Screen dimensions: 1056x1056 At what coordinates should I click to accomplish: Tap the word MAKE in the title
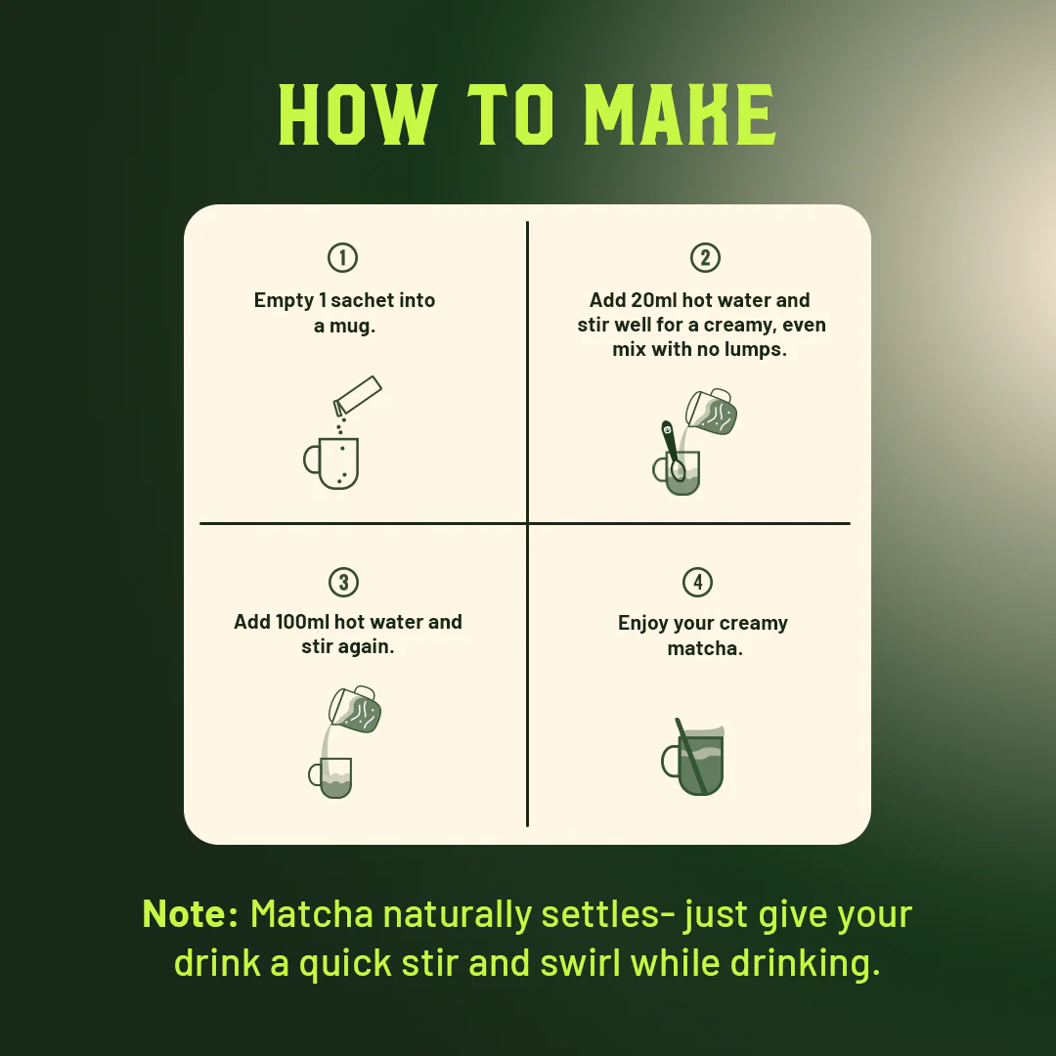681,114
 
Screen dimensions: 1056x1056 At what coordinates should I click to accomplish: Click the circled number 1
343,257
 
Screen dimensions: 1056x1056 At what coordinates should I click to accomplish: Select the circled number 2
705,257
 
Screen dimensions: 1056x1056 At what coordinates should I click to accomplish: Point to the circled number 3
343,582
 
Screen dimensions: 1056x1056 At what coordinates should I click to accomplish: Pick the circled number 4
698,582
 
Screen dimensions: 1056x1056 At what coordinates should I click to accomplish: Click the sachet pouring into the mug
357,395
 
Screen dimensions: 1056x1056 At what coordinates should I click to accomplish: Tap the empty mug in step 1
331,463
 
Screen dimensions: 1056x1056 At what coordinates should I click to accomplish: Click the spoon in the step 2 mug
673,451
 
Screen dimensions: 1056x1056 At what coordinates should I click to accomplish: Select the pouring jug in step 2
711,412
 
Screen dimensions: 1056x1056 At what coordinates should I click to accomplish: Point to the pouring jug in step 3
355,709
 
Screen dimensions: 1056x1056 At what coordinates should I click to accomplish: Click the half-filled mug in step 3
330,778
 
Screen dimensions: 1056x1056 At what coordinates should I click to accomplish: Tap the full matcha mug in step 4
693,758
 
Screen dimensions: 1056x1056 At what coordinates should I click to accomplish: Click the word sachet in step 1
364,300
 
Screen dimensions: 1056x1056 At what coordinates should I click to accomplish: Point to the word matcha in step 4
705,648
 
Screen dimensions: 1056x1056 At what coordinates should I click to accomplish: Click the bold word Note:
191,914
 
